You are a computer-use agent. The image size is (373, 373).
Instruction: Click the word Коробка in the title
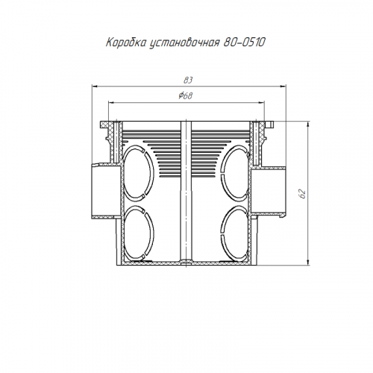(125, 43)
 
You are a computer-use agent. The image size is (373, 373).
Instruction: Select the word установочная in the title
(184, 43)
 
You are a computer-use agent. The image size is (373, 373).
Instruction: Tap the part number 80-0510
(244, 43)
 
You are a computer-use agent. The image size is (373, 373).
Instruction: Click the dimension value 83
(188, 81)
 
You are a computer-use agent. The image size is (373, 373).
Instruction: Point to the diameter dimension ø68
(186, 95)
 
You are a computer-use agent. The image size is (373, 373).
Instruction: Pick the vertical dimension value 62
(302, 193)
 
